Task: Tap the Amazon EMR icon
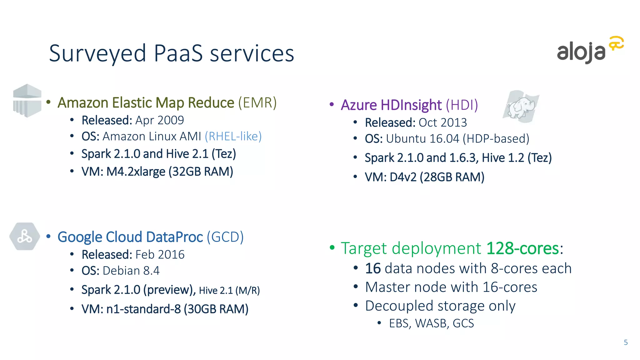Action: (x=27, y=101)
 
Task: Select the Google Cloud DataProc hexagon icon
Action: (x=25, y=236)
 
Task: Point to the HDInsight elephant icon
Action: (x=521, y=107)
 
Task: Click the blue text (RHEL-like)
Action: (x=233, y=136)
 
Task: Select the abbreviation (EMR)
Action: (x=257, y=102)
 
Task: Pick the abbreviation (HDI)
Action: (x=462, y=105)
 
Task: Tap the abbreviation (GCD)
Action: (x=225, y=237)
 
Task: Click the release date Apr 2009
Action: (x=159, y=120)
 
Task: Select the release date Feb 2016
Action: (x=160, y=255)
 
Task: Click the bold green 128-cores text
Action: (x=522, y=248)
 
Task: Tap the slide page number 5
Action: (x=626, y=342)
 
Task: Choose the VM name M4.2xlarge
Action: (x=136, y=172)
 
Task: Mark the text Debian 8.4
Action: (x=131, y=271)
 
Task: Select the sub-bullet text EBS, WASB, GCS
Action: (x=431, y=323)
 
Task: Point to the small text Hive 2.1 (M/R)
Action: (x=229, y=291)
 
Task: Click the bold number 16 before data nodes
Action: (x=373, y=268)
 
